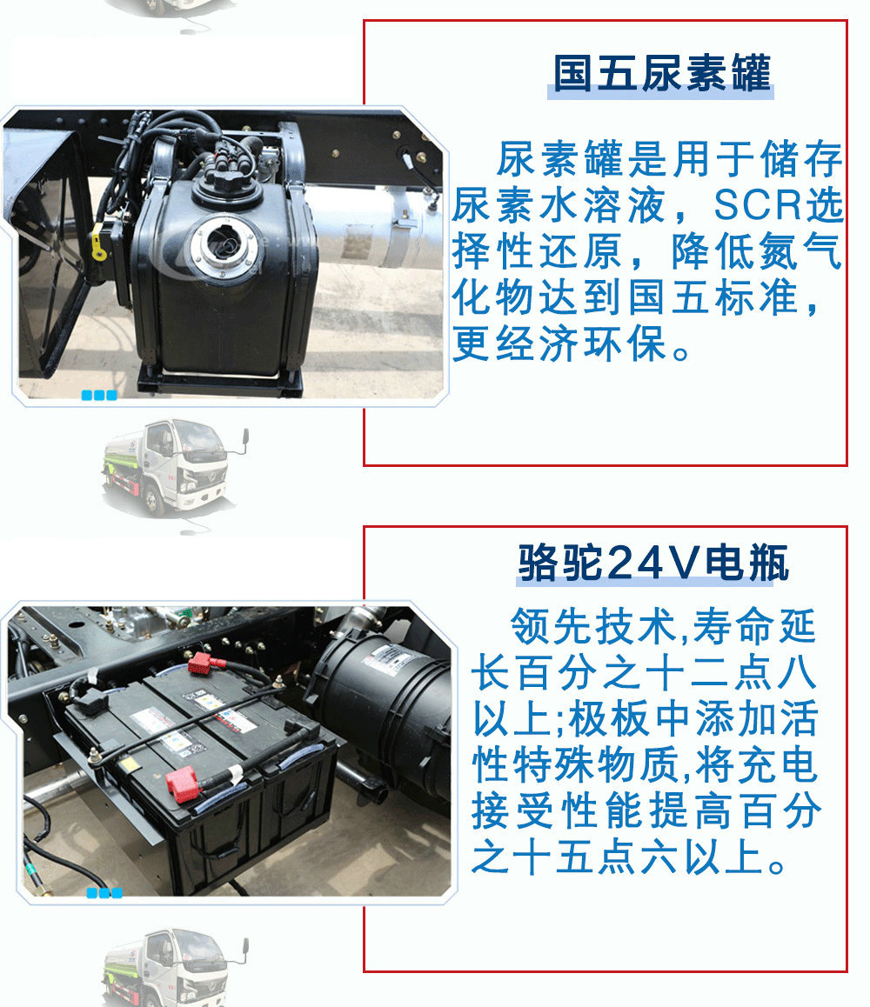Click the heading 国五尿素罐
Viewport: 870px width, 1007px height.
point(662,73)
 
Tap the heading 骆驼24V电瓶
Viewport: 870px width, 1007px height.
point(653,563)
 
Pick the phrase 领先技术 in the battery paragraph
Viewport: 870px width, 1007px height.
point(592,626)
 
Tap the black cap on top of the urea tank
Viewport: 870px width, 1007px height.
point(228,183)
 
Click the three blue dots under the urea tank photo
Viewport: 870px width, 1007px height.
point(98,396)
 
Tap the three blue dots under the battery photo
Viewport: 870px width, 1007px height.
point(104,893)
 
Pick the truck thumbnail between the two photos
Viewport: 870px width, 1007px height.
point(175,465)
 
